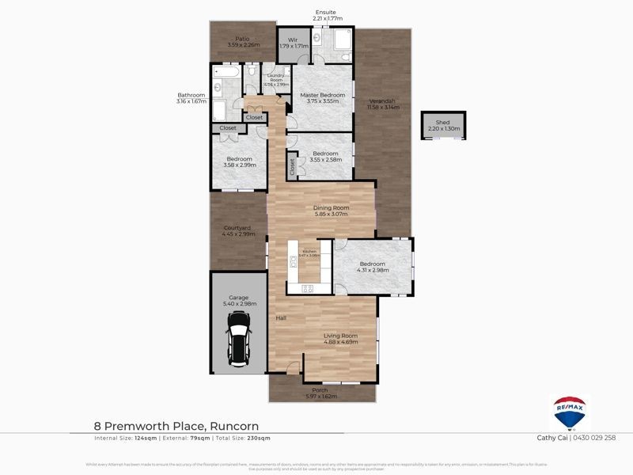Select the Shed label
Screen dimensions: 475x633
[442, 122]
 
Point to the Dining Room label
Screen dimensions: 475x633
[331, 207]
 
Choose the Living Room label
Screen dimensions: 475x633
[340, 336]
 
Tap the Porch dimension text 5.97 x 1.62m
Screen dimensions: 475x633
[320, 397]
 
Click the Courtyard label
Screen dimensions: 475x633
[237, 228]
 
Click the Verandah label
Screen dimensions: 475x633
[382, 101]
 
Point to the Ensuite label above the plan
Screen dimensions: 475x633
[325, 13]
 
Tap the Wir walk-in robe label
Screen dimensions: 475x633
[291, 40]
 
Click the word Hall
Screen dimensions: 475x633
[280, 318]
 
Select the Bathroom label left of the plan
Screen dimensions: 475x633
[191, 95]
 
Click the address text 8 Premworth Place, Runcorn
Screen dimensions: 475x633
[176, 426]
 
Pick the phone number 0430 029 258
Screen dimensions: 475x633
[587, 438]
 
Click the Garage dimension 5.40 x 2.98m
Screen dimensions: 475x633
[238, 304]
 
